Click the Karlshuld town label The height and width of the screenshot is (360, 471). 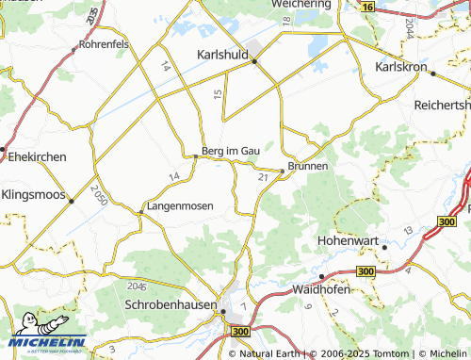[x=221, y=55]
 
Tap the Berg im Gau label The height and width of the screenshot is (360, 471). [x=230, y=149]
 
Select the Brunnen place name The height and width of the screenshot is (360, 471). [x=308, y=165]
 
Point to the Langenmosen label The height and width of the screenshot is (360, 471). [x=179, y=205]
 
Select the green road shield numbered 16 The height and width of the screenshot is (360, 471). [x=367, y=7]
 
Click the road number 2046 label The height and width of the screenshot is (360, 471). [x=138, y=285]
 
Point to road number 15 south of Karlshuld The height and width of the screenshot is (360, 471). [x=218, y=93]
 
